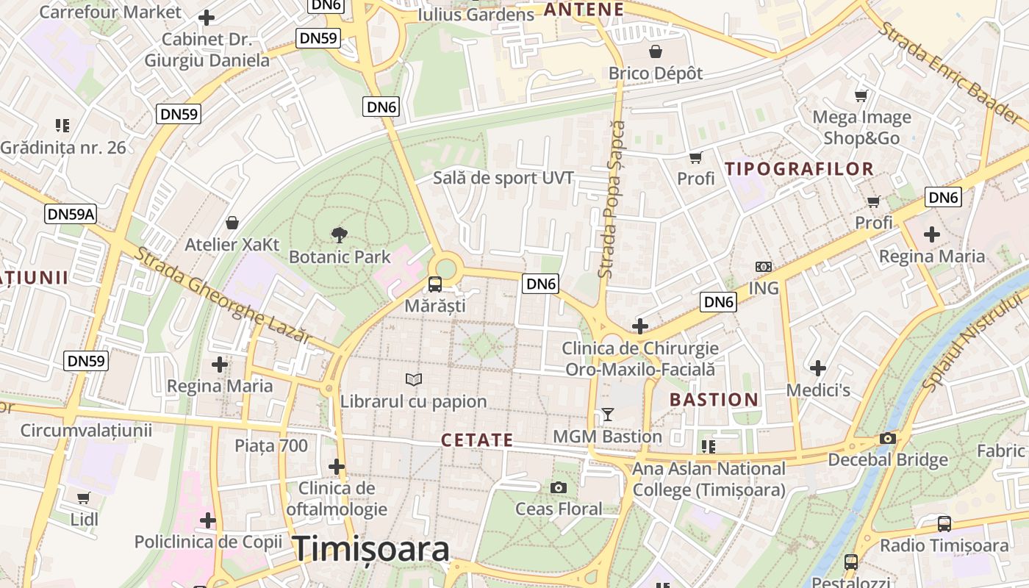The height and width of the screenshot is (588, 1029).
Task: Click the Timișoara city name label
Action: [371, 549]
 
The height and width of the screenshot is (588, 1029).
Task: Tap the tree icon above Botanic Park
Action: [339, 235]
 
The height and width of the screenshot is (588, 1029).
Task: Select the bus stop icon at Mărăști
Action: [435, 284]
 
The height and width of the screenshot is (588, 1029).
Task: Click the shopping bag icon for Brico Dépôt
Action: [655, 51]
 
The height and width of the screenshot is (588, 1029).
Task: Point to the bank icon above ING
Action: [764, 267]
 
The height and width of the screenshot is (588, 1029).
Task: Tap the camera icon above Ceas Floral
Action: [559, 487]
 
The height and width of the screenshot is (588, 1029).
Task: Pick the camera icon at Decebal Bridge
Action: [887, 439]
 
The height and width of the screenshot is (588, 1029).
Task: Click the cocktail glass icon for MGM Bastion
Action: [607, 415]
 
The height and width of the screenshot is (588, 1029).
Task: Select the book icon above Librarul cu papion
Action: [414, 379]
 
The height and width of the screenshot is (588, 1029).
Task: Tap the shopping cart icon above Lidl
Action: [84, 498]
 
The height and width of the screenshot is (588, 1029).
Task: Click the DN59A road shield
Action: [71, 214]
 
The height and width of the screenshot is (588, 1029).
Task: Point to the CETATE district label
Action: [477, 440]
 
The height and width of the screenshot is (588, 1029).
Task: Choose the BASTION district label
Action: [714, 400]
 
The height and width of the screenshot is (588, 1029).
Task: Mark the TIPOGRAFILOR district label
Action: [800, 169]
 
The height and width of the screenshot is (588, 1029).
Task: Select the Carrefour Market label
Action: [110, 12]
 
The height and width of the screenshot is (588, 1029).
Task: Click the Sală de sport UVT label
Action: [503, 178]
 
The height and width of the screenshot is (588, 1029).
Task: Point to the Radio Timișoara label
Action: [944, 545]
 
